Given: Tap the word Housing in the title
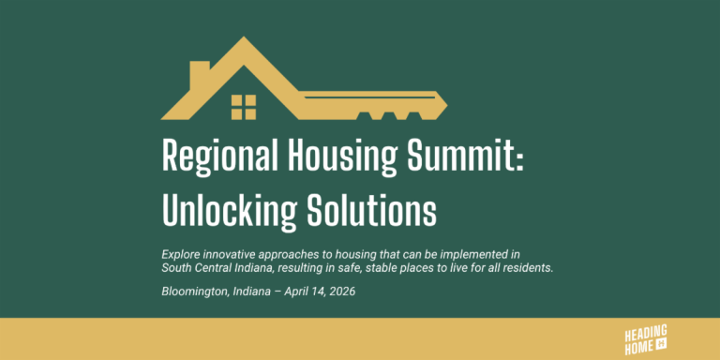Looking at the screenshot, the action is tap(341, 157).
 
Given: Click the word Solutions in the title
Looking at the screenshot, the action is tap(371, 209).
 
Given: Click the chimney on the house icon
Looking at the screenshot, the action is tap(199, 74).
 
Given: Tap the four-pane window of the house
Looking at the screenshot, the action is tap(244, 107).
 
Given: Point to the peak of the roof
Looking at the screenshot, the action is tap(244, 37).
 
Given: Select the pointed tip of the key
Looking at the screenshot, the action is tap(446, 106).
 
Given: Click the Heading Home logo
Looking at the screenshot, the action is tap(646, 339).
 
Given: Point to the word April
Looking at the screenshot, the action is tap(296, 292).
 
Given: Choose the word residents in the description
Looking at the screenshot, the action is tap(532, 268).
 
